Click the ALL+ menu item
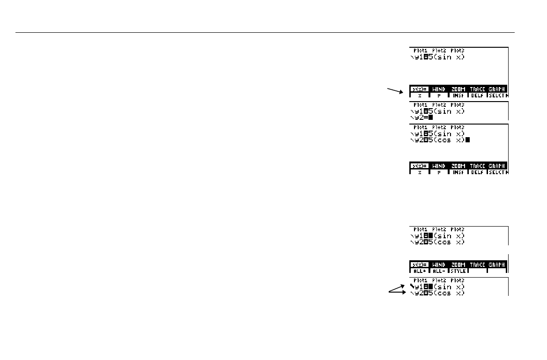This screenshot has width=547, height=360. tap(419, 271)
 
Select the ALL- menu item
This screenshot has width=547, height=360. tap(439, 271)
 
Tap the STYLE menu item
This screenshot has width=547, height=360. tap(458, 271)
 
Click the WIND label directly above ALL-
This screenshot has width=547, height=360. tap(439, 265)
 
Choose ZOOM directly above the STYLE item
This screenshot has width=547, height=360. tap(458, 265)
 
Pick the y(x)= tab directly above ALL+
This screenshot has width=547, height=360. tap(419, 265)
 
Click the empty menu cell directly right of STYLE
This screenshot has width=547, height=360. tap(477, 271)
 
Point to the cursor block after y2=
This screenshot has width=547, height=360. tap(430, 118)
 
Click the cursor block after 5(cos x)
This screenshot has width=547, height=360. tap(467, 140)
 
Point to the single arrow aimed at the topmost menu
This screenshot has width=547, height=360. tap(395, 90)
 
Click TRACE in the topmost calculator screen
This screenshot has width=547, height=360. tap(477, 89)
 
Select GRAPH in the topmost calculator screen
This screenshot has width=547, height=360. tap(497, 89)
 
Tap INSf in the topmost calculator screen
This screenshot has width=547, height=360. tap(458, 95)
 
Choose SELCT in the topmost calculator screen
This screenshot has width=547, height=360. tap(497, 95)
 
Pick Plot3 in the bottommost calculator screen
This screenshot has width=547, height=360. tap(457, 280)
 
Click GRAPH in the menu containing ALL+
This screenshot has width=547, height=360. tap(497, 265)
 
